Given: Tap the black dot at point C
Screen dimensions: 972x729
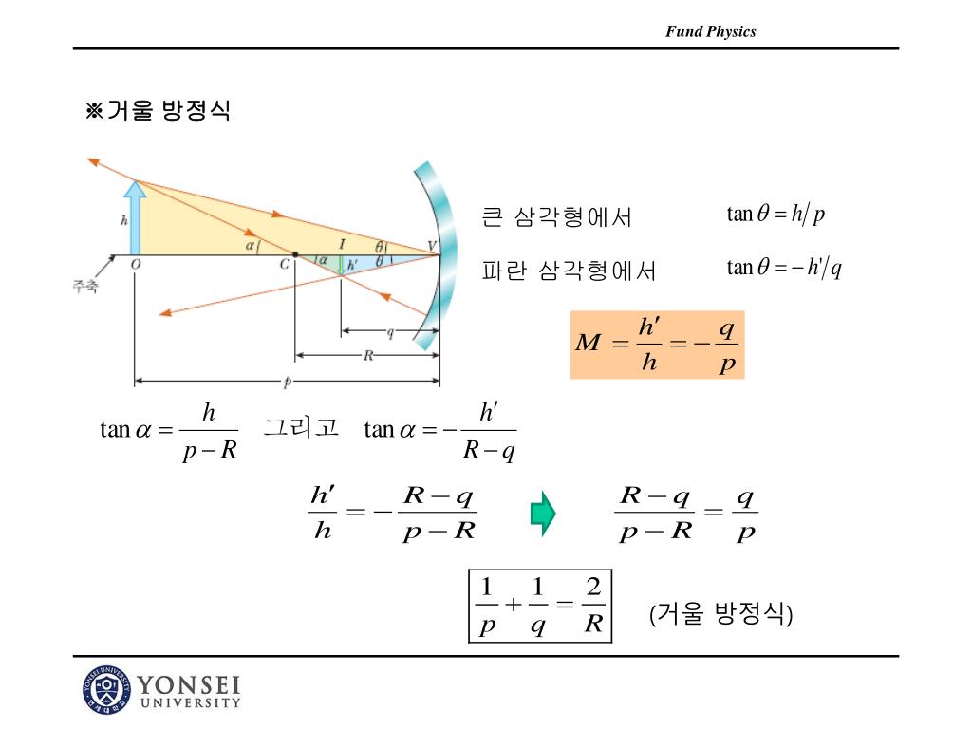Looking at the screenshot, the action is point(295,254).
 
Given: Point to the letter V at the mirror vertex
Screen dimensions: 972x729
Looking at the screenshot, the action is point(432,246).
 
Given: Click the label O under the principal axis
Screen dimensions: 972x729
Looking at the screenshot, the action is point(136,265).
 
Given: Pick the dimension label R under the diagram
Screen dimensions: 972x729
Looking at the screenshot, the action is point(368,356).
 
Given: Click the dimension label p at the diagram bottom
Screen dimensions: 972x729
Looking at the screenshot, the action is point(288,382).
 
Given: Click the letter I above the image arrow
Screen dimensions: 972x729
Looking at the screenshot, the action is point(342,244).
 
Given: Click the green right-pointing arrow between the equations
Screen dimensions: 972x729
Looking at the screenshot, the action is point(542,513).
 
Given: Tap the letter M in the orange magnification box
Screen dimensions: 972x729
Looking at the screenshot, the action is point(589,343).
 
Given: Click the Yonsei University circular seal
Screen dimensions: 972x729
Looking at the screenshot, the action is point(104,691).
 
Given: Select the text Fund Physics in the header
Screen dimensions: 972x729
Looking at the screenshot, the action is point(710,31).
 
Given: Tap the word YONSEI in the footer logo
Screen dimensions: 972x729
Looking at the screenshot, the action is point(189,685).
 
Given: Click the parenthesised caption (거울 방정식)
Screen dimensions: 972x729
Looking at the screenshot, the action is point(720,614).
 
